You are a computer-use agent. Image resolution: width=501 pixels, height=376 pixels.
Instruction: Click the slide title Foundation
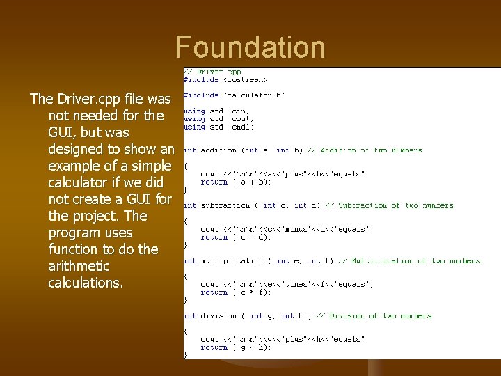coord(250,47)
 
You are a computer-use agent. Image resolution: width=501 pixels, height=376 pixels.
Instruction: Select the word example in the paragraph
coord(75,166)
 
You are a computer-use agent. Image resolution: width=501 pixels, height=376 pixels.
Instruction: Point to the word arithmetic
coord(79,266)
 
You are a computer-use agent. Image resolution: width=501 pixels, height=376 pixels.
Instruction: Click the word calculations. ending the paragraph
coord(86,283)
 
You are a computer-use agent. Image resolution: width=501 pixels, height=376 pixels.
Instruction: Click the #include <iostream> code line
coord(225,79)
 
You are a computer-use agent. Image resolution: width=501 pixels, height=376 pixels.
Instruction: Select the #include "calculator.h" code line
coord(234,95)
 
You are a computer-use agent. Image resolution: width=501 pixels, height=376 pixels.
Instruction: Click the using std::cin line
coord(215,111)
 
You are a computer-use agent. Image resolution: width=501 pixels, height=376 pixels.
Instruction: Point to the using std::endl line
coord(218,127)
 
